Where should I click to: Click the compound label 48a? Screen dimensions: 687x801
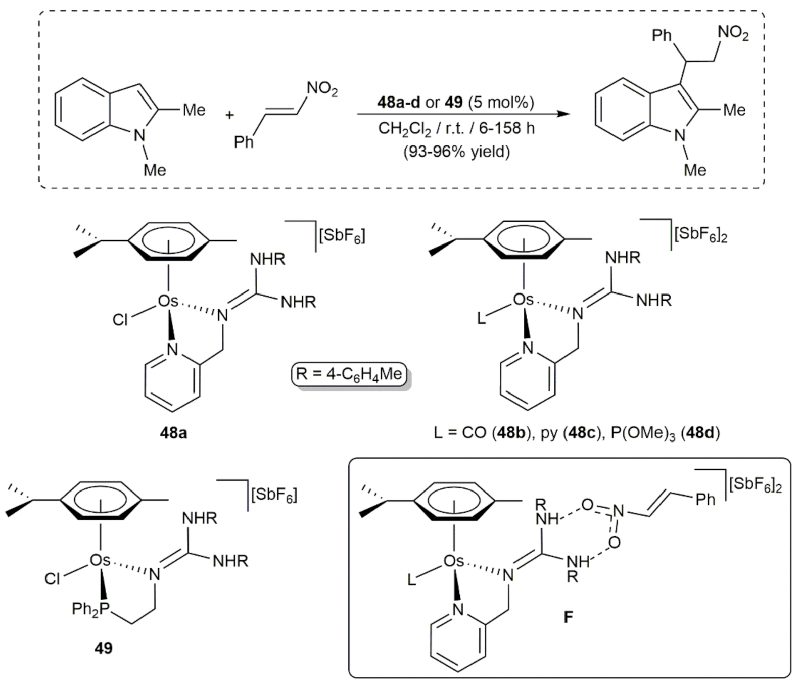[173, 433]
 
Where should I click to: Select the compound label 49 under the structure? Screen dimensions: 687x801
[104, 648]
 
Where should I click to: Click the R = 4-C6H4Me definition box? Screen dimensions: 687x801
[349, 374]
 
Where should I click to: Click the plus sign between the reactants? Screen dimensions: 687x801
[230, 115]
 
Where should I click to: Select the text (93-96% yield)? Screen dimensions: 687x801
[456, 151]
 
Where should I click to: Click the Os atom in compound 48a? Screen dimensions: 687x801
[168, 302]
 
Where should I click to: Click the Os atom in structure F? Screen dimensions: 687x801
[454, 561]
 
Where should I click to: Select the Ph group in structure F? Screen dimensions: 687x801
[705, 500]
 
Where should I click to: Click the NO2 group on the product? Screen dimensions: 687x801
[733, 33]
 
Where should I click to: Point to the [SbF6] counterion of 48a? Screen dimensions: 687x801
[342, 236]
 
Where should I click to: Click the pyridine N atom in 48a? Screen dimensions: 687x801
[173, 350]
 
